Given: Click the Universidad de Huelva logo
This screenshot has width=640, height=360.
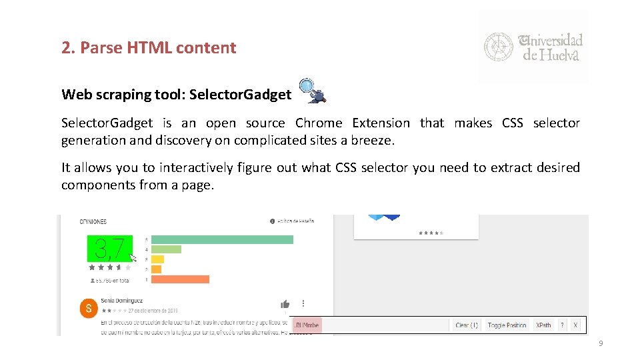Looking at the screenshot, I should (533, 47).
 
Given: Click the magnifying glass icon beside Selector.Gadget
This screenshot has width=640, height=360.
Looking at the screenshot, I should (312, 91).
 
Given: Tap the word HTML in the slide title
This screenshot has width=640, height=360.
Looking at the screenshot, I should (139, 48).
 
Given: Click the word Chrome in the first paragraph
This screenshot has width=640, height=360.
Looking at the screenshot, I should (319, 123).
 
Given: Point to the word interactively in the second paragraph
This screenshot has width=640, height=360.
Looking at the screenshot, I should (189, 168).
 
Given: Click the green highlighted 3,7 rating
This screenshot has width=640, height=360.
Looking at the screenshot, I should (110, 249).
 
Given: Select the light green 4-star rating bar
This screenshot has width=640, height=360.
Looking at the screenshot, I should (166, 249).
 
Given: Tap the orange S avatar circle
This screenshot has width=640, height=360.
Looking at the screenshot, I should (88, 308).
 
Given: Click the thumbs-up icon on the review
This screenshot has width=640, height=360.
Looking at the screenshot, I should (285, 304).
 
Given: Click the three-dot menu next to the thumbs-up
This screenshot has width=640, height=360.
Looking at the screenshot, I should (303, 304).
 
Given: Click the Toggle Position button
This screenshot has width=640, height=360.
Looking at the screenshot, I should (507, 325).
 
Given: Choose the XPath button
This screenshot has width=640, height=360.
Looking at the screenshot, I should (544, 325).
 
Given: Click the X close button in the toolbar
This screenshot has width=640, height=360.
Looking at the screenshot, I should (576, 325).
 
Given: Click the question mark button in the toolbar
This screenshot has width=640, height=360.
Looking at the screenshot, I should (562, 325).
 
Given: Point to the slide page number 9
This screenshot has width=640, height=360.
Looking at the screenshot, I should (601, 343).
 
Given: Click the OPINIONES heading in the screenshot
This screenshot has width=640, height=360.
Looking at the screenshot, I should (93, 221).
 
